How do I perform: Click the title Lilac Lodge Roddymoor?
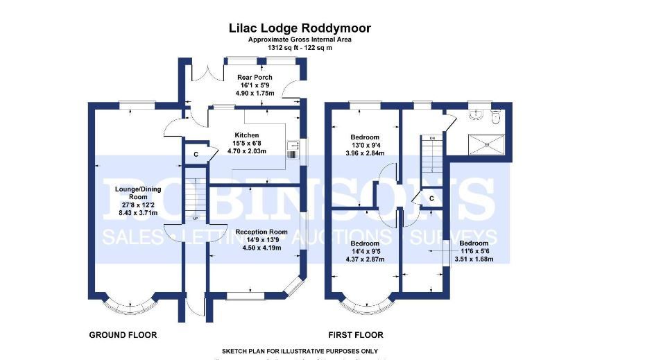click(300, 28)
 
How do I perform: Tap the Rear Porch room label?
click(255, 77)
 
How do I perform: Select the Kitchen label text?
click(246, 135)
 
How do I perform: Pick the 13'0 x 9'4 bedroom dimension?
click(365, 145)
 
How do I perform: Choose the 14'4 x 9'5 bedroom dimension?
click(365, 252)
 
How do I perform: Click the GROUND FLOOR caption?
click(123, 335)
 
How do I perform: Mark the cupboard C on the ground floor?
click(196, 154)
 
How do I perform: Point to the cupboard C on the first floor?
click(431, 198)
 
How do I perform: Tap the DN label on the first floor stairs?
click(431, 139)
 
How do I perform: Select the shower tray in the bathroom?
click(487, 144)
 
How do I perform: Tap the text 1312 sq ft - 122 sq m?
click(300, 48)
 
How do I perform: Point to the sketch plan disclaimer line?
click(300, 352)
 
